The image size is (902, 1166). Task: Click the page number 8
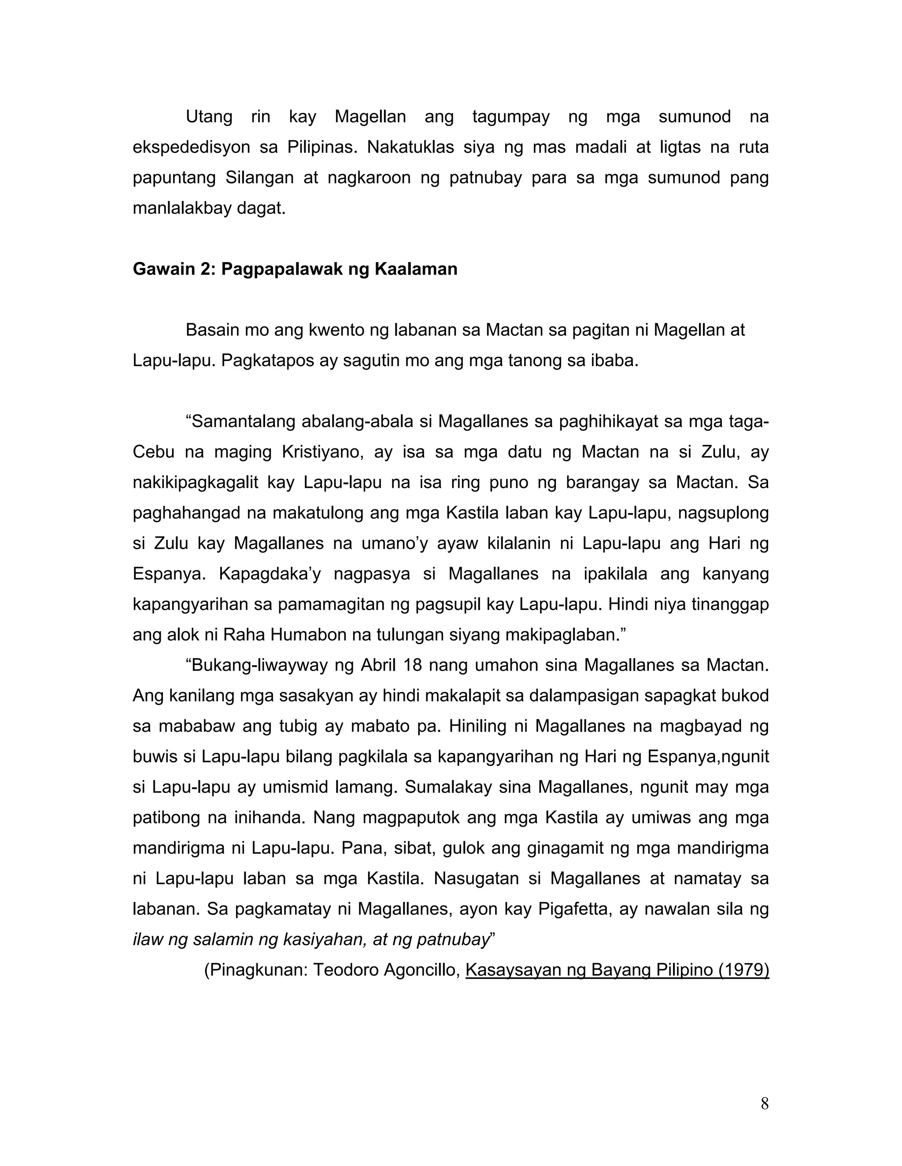pyautogui.click(x=764, y=1104)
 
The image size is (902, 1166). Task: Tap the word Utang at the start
pyautogui.click(x=209, y=117)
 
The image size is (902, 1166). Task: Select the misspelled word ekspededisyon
pyautogui.click(x=191, y=147)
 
